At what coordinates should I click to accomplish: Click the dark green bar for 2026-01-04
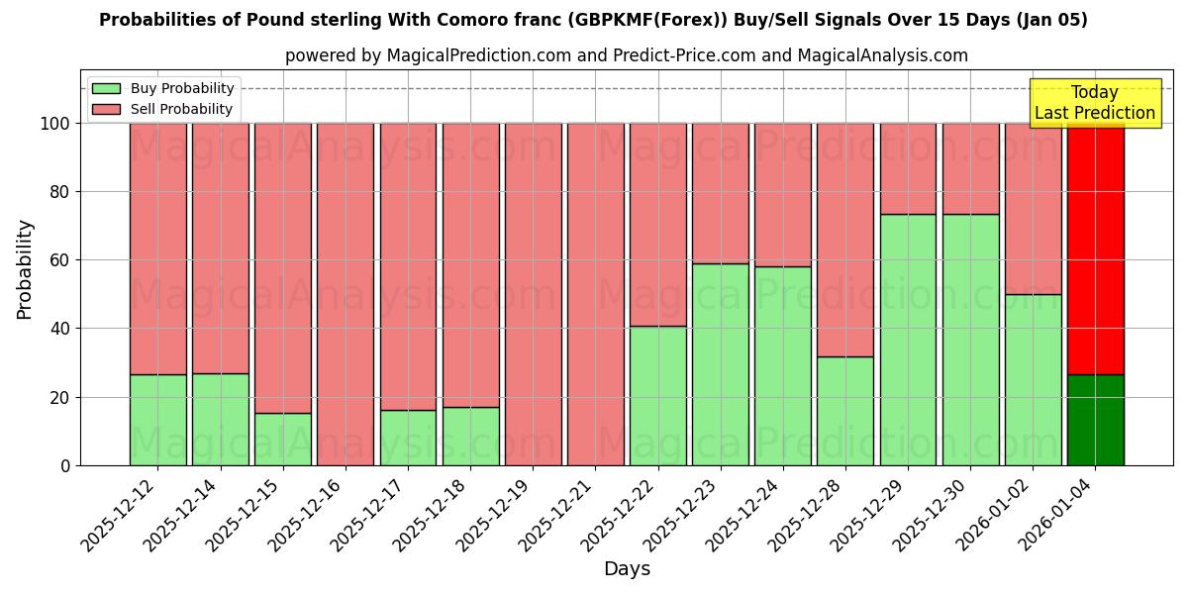[x=1095, y=420]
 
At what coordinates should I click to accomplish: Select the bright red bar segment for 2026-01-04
[x=1095, y=248]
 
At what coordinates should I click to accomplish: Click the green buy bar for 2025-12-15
[x=282, y=439]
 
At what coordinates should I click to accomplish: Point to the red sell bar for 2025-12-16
[x=345, y=294]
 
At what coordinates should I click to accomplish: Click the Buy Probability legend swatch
[x=106, y=89]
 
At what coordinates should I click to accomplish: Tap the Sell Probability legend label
[x=181, y=110]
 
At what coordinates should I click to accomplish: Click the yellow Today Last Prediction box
[x=1095, y=103]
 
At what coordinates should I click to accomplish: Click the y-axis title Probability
[x=25, y=269]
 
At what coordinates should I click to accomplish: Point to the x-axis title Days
[x=627, y=569]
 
